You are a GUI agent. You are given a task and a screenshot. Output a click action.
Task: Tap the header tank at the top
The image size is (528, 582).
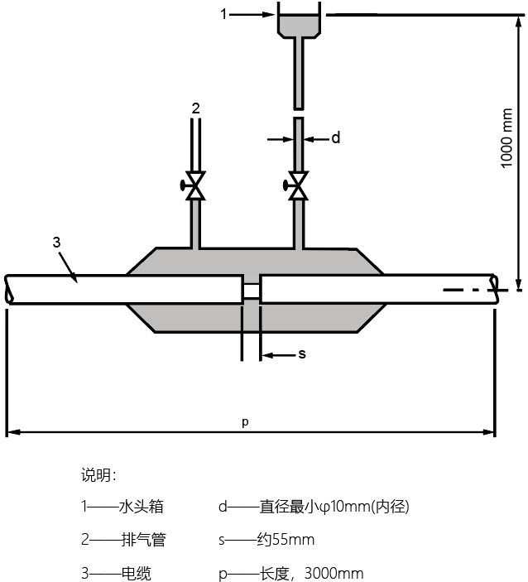pyautogui.click(x=297, y=23)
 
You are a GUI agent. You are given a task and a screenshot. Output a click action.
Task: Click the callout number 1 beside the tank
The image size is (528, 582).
pyautogui.click(x=223, y=14)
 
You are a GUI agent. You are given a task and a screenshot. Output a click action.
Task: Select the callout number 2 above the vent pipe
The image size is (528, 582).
pyautogui.click(x=195, y=108)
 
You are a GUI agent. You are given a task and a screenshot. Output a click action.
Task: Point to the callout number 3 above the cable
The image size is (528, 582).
pyautogui.click(x=56, y=242)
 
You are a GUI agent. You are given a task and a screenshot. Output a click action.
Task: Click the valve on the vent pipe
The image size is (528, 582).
pyautogui.click(x=195, y=185)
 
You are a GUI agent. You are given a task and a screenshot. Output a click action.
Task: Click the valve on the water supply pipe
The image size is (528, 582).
pyautogui.click(x=297, y=185)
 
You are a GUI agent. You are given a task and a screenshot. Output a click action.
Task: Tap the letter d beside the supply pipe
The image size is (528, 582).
pyautogui.click(x=335, y=138)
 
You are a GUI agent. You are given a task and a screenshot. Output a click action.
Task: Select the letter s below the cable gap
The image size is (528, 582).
pyautogui.click(x=302, y=354)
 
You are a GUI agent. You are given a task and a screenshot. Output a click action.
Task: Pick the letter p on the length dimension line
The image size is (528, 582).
pyautogui.click(x=245, y=421)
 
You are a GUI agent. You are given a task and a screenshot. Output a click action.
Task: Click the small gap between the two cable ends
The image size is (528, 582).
pyautogui.click(x=251, y=290)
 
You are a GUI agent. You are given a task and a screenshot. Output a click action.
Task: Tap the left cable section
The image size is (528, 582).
pyautogui.click(x=124, y=290)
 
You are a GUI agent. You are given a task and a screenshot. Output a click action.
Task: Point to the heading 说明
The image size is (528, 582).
pyautogui.click(x=98, y=475)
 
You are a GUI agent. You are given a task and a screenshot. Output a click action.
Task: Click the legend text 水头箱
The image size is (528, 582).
pyautogui.click(x=137, y=507)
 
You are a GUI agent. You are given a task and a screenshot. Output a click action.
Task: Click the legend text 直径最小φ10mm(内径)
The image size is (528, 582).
pyautogui.click(x=335, y=507)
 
